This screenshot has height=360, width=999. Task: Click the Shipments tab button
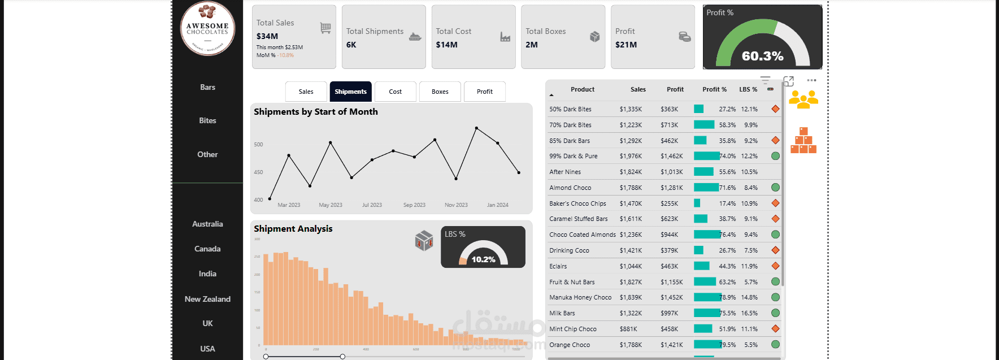click(350, 92)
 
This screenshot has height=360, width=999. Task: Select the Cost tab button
click(395, 92)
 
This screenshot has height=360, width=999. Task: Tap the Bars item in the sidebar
click(207, 87)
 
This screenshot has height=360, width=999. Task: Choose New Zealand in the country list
click(207, 299)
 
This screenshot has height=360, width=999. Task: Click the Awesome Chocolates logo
click(207, 28)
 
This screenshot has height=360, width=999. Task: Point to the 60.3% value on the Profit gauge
click(762, 56)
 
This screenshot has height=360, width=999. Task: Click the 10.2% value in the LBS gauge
click(483, 259)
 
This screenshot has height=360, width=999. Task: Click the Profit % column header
click(714, 89)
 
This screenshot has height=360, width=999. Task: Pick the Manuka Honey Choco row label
click(580, 297)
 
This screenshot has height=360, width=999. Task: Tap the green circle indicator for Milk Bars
click(775, 313)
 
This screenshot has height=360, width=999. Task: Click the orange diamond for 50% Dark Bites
click(775, 109)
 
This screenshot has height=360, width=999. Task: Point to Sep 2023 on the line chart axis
click(414, 205)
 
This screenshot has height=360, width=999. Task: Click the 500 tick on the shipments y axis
click(258, 145)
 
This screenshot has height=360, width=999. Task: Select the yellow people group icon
click(803, 99)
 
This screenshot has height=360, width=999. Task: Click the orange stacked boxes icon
click(803, 141)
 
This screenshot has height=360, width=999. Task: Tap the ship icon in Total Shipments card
click(415, 37)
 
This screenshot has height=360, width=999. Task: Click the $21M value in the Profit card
click(626, 45)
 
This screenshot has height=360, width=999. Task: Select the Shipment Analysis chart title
click(293, 228)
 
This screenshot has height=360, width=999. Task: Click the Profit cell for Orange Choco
click(672, 345)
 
